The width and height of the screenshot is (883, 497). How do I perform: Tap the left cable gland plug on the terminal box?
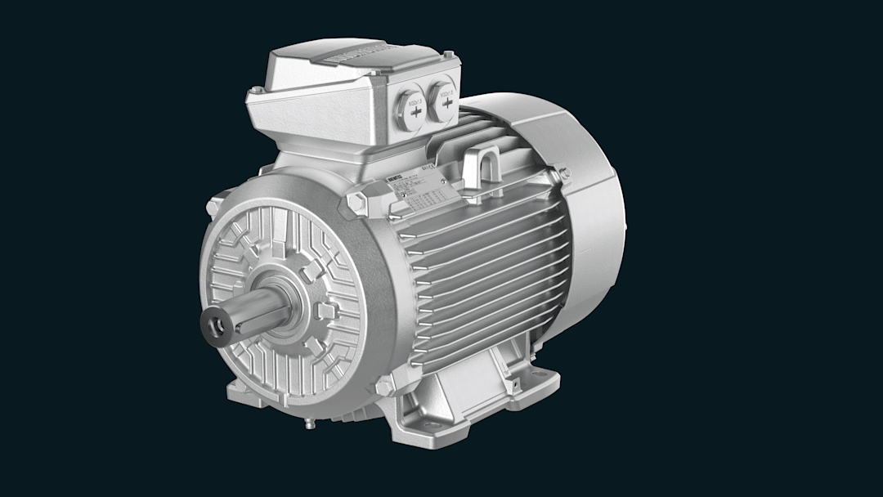tap(413, 107)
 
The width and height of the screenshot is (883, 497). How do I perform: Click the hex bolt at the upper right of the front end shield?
tap(357, 201)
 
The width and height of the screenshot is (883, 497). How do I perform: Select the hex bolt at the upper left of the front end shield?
tap(214, 208)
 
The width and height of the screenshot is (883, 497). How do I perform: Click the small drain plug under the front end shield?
tap(309, 423)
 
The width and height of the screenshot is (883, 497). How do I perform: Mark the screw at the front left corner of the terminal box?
tap(257, 90)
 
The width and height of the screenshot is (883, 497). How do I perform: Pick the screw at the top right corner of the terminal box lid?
tap(448, 56)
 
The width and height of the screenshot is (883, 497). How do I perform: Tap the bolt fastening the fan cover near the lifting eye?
tap(563, 173)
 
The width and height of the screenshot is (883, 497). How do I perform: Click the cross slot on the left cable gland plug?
tap(415, 110)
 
